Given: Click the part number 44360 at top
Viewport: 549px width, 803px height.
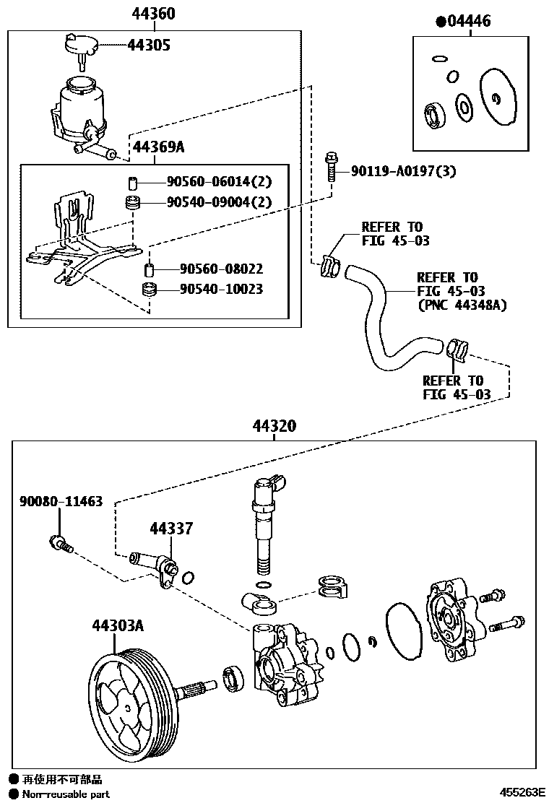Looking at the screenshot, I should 153,14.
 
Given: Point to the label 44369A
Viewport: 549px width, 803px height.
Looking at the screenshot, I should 158,147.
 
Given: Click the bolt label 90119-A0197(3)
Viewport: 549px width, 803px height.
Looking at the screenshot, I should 403,171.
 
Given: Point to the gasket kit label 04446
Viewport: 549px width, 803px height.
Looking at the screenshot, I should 467,21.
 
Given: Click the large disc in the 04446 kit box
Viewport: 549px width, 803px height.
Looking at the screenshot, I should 497,97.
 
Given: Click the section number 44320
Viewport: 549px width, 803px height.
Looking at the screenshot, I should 274,427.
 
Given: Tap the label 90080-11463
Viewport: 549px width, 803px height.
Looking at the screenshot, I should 61,500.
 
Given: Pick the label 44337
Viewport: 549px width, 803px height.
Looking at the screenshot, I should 171,529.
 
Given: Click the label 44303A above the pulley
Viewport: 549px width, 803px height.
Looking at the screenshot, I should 117,625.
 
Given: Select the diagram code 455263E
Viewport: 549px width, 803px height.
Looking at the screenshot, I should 519,791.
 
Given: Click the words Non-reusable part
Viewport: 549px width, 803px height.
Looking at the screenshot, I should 66,794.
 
